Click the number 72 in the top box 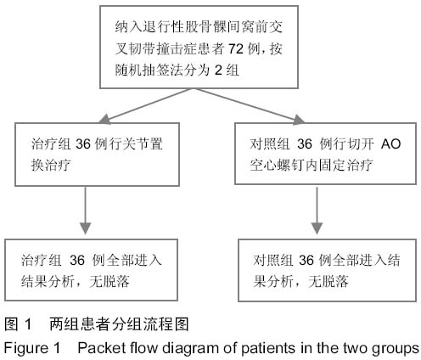tap(236, 49)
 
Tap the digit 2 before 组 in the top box tap(218, 70)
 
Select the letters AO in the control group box tap(390, 143)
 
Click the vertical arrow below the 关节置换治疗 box tap(85, 210)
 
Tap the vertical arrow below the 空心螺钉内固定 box tap(317, 211)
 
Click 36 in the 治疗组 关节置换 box tap(83, 143)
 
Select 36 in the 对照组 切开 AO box tap(305, 143)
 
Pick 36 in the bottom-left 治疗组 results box tap(77, 260)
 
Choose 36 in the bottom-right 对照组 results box tap(306, 260)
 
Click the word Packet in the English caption tap(95, 347)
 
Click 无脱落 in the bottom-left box tap(109, 282)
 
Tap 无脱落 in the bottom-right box tap(328, 282)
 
